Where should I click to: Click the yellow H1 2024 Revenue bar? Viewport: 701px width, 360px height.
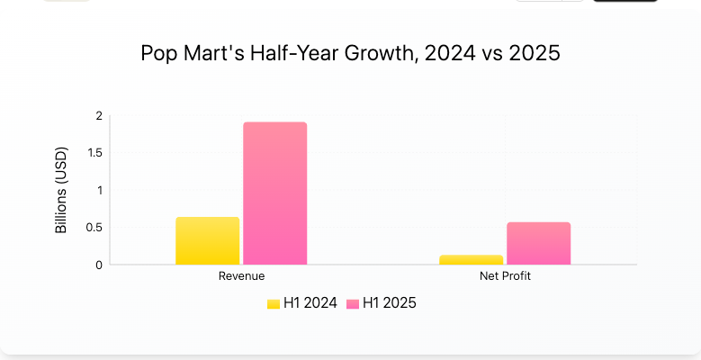coord(207,241)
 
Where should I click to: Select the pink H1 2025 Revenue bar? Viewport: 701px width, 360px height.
coord(274,193)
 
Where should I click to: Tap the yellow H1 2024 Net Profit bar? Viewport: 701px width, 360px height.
coord(471,260)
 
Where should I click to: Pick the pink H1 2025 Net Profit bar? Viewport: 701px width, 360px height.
coord(538,244)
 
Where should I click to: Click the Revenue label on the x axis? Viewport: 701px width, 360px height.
coord(241,276)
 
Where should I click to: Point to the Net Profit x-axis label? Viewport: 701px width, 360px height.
coord(505,276)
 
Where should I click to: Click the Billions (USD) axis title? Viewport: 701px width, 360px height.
coord(61,190)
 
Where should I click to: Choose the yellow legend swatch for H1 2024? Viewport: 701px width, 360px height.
coord(274,303)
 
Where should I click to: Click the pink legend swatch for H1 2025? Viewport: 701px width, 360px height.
coord(353,303)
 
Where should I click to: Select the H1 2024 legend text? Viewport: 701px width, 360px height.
coord(310,303)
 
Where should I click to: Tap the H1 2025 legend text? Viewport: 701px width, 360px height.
coord(390,303)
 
